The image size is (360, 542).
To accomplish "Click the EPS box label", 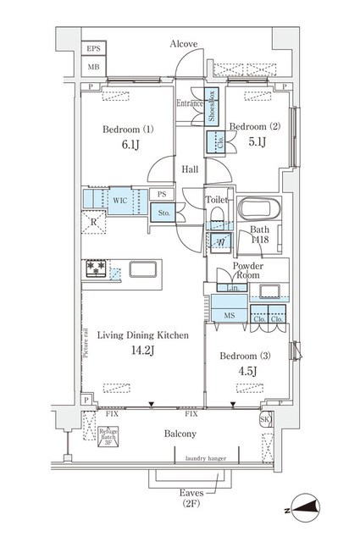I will tap(93, 49).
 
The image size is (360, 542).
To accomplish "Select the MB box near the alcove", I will tap(93, 67).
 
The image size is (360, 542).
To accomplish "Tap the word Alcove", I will tap(183, 42).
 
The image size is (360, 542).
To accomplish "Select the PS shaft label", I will tap(161, 194).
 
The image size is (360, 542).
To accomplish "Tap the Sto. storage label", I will tap(163, 213).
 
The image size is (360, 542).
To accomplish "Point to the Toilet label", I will tap(216, 199).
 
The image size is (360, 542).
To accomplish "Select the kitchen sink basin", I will tap(141, 272).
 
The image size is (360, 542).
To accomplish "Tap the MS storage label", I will tap(228, 316).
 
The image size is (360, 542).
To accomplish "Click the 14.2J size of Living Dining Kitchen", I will tap(141, 351).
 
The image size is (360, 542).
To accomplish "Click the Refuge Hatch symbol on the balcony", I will tap(108, 439).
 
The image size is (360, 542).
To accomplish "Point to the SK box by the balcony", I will tap(264, 420).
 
